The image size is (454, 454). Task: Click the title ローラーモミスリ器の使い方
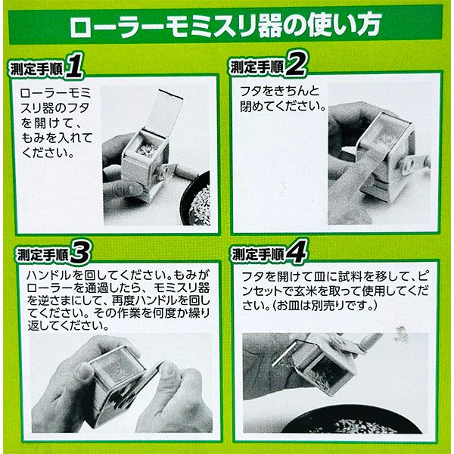[225, 26]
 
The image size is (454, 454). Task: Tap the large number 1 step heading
[74, 67]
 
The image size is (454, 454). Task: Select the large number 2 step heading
[296, 65]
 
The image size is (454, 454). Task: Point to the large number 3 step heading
[79, 253]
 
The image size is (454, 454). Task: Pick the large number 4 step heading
[296, 253]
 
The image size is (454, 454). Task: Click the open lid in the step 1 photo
[164, 113]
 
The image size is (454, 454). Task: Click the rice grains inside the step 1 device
[147, 149]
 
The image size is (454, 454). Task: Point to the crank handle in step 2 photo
[415, 164]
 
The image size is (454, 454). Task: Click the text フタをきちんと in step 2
[279, 92]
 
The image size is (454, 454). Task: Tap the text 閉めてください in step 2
[283, 106]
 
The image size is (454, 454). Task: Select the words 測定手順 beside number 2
[257, 67]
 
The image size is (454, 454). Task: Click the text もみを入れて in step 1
[57, 138]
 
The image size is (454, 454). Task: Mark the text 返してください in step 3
[68, 326]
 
